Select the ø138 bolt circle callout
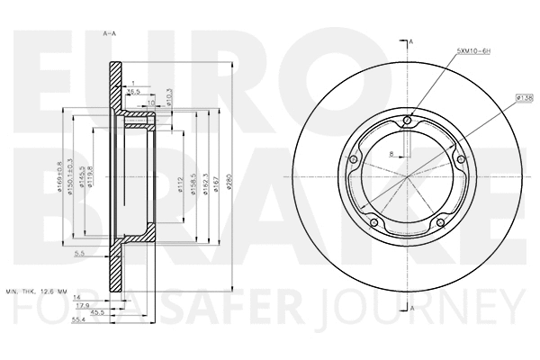(x=525, y=96)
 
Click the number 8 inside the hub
(x=391, y=155)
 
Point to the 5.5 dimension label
(x=79, y=255)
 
